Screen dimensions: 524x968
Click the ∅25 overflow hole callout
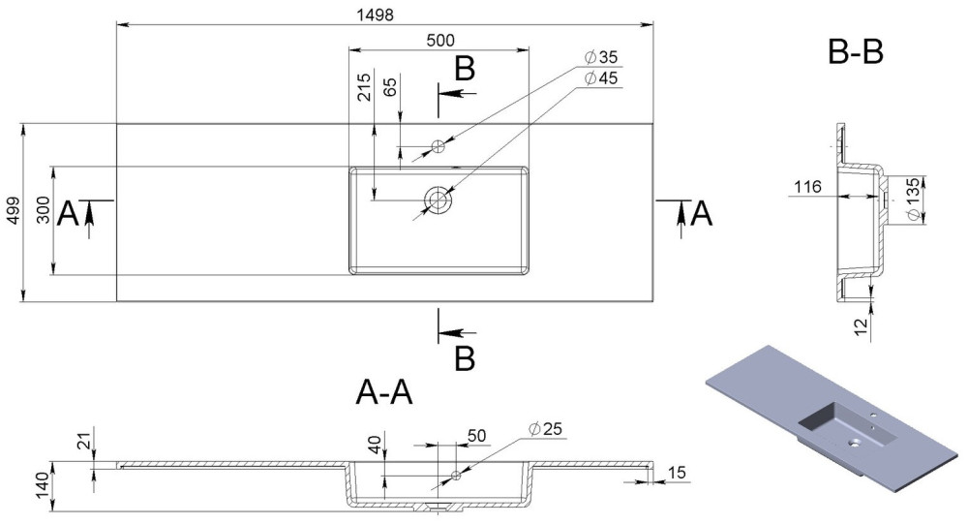(x=547, y=428)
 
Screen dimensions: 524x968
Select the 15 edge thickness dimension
(x=677, y=472)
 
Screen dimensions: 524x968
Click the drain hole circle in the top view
(x=439, y=200)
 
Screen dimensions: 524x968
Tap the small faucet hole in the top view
(x=438, y=147)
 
